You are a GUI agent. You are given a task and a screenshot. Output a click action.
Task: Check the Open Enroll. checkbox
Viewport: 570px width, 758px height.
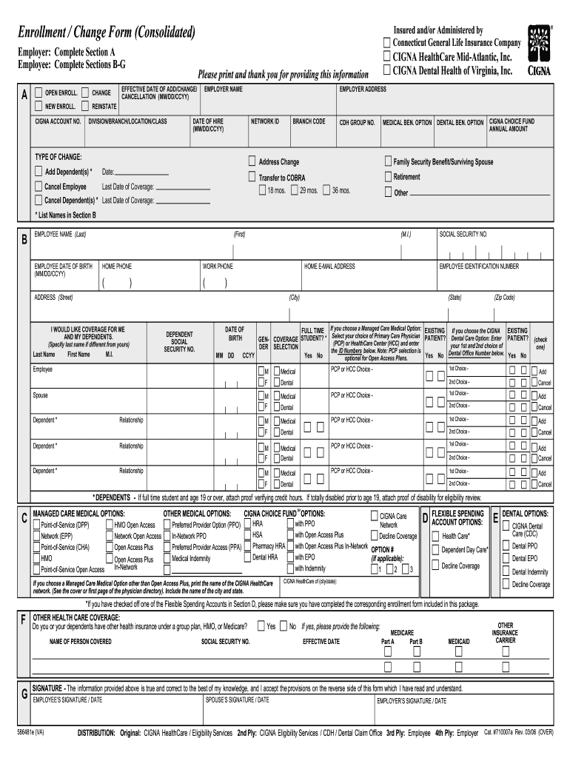39,93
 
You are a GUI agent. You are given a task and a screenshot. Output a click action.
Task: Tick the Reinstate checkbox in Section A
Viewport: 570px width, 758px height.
85,106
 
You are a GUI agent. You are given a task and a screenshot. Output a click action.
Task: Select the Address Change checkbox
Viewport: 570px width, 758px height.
252,161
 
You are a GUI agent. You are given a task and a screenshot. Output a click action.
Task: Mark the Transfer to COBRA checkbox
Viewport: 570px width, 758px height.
252,177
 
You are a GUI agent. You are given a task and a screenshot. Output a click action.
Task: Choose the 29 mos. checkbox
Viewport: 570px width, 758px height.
295,190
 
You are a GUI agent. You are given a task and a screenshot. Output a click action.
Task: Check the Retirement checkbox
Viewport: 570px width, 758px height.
387,177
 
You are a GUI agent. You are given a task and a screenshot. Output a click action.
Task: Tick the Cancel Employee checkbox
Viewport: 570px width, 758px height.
38,187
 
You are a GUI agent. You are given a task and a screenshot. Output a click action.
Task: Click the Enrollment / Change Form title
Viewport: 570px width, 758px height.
107,33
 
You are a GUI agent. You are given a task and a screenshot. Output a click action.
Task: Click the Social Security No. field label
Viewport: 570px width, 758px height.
463,234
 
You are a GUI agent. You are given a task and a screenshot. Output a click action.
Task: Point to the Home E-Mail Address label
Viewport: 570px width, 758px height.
329,266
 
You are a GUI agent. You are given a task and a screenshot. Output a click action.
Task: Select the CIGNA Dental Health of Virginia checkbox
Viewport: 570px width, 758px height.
387,70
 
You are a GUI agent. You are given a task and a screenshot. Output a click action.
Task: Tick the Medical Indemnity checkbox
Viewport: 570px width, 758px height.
167,558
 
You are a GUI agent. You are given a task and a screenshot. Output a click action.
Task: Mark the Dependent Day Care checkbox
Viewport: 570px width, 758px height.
435,550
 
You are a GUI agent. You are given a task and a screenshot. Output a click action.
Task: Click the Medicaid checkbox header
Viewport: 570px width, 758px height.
458,641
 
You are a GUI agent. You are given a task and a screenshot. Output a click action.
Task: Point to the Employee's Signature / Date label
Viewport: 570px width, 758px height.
67,699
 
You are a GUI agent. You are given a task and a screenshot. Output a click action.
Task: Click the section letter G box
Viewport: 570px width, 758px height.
25,695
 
